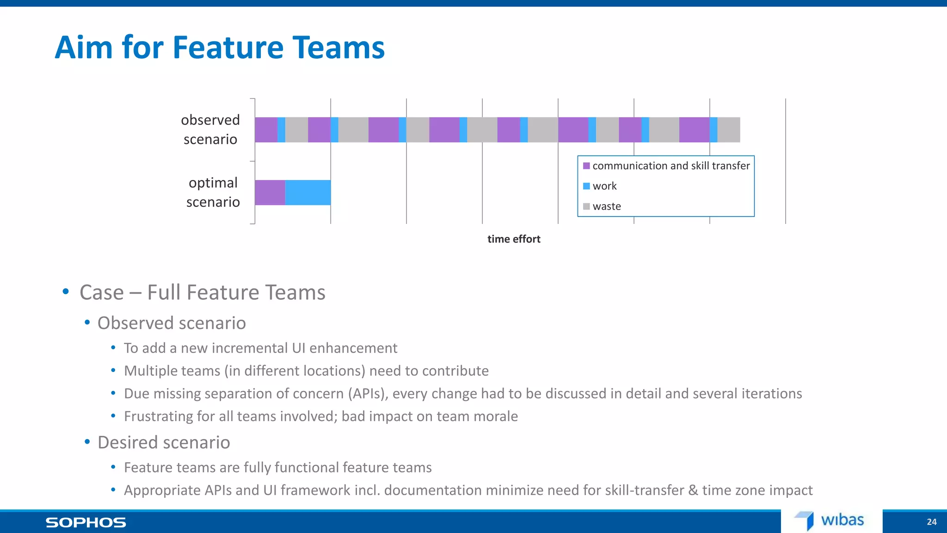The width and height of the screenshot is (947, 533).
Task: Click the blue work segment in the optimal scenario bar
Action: click(x=308, y=192)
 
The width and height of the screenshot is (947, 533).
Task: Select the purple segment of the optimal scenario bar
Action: click(x=270, y=192)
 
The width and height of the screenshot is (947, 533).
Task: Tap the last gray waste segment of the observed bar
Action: click(x=729, y=130)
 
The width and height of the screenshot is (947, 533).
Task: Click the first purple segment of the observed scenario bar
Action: click(x=266, y=130)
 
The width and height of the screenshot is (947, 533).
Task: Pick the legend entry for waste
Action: click(x=606, y=206)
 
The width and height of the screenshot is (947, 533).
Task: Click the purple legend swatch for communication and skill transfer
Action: click(x=586, y=166)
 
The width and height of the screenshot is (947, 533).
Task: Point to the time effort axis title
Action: click(x=514, y=239)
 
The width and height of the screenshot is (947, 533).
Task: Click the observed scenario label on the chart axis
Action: click(x=210, y=130)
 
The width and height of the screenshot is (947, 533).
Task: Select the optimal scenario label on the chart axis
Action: click(x=213, y=192)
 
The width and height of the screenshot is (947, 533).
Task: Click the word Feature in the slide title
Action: click(x=228, y=48)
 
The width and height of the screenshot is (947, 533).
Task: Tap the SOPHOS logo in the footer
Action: click(x=86, y=522)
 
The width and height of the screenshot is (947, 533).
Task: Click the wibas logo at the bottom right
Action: click(x=830, y=521)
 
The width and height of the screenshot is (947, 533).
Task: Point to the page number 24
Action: click(x=932, y=522)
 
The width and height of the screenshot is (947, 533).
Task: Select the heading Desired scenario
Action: click(x=164, y=443)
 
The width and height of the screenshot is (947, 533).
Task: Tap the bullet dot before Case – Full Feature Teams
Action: click(x=66, y=291)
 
